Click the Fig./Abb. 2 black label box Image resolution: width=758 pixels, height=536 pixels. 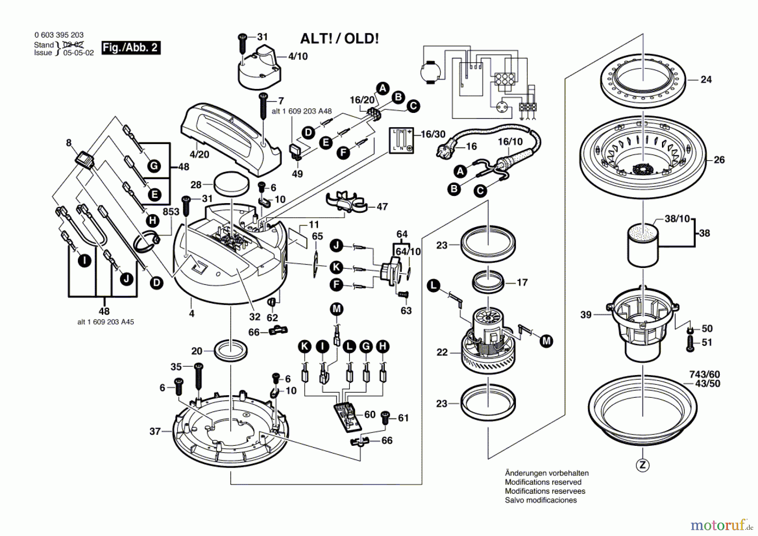(x=131, y=48)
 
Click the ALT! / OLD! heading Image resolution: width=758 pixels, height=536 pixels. (x=339, y=39)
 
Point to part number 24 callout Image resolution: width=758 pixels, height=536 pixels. (x=706, y=79)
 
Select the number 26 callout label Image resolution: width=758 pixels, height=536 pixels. (x=719, y=160)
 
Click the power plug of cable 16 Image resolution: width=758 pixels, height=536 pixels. (x=446, y=148)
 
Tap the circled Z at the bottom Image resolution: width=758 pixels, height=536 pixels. (x=643, y=465)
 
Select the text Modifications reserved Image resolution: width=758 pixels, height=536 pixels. (x=543, y=482)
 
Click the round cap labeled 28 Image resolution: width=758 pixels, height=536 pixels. (x=232, y=184)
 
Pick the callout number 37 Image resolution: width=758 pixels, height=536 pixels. (x=155, y=431)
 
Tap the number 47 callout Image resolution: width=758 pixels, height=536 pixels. (x=382, y=206)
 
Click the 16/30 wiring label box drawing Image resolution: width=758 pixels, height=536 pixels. (x=401, y=140)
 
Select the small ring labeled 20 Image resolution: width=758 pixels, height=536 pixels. (x=231, y=349)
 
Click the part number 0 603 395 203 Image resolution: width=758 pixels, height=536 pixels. (x=59, y=35)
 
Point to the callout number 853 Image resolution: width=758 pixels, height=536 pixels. (x=171, y=212)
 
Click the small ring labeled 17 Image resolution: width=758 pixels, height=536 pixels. (x=488, y=281)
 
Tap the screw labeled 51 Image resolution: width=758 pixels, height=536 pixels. (x=690, y=343)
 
